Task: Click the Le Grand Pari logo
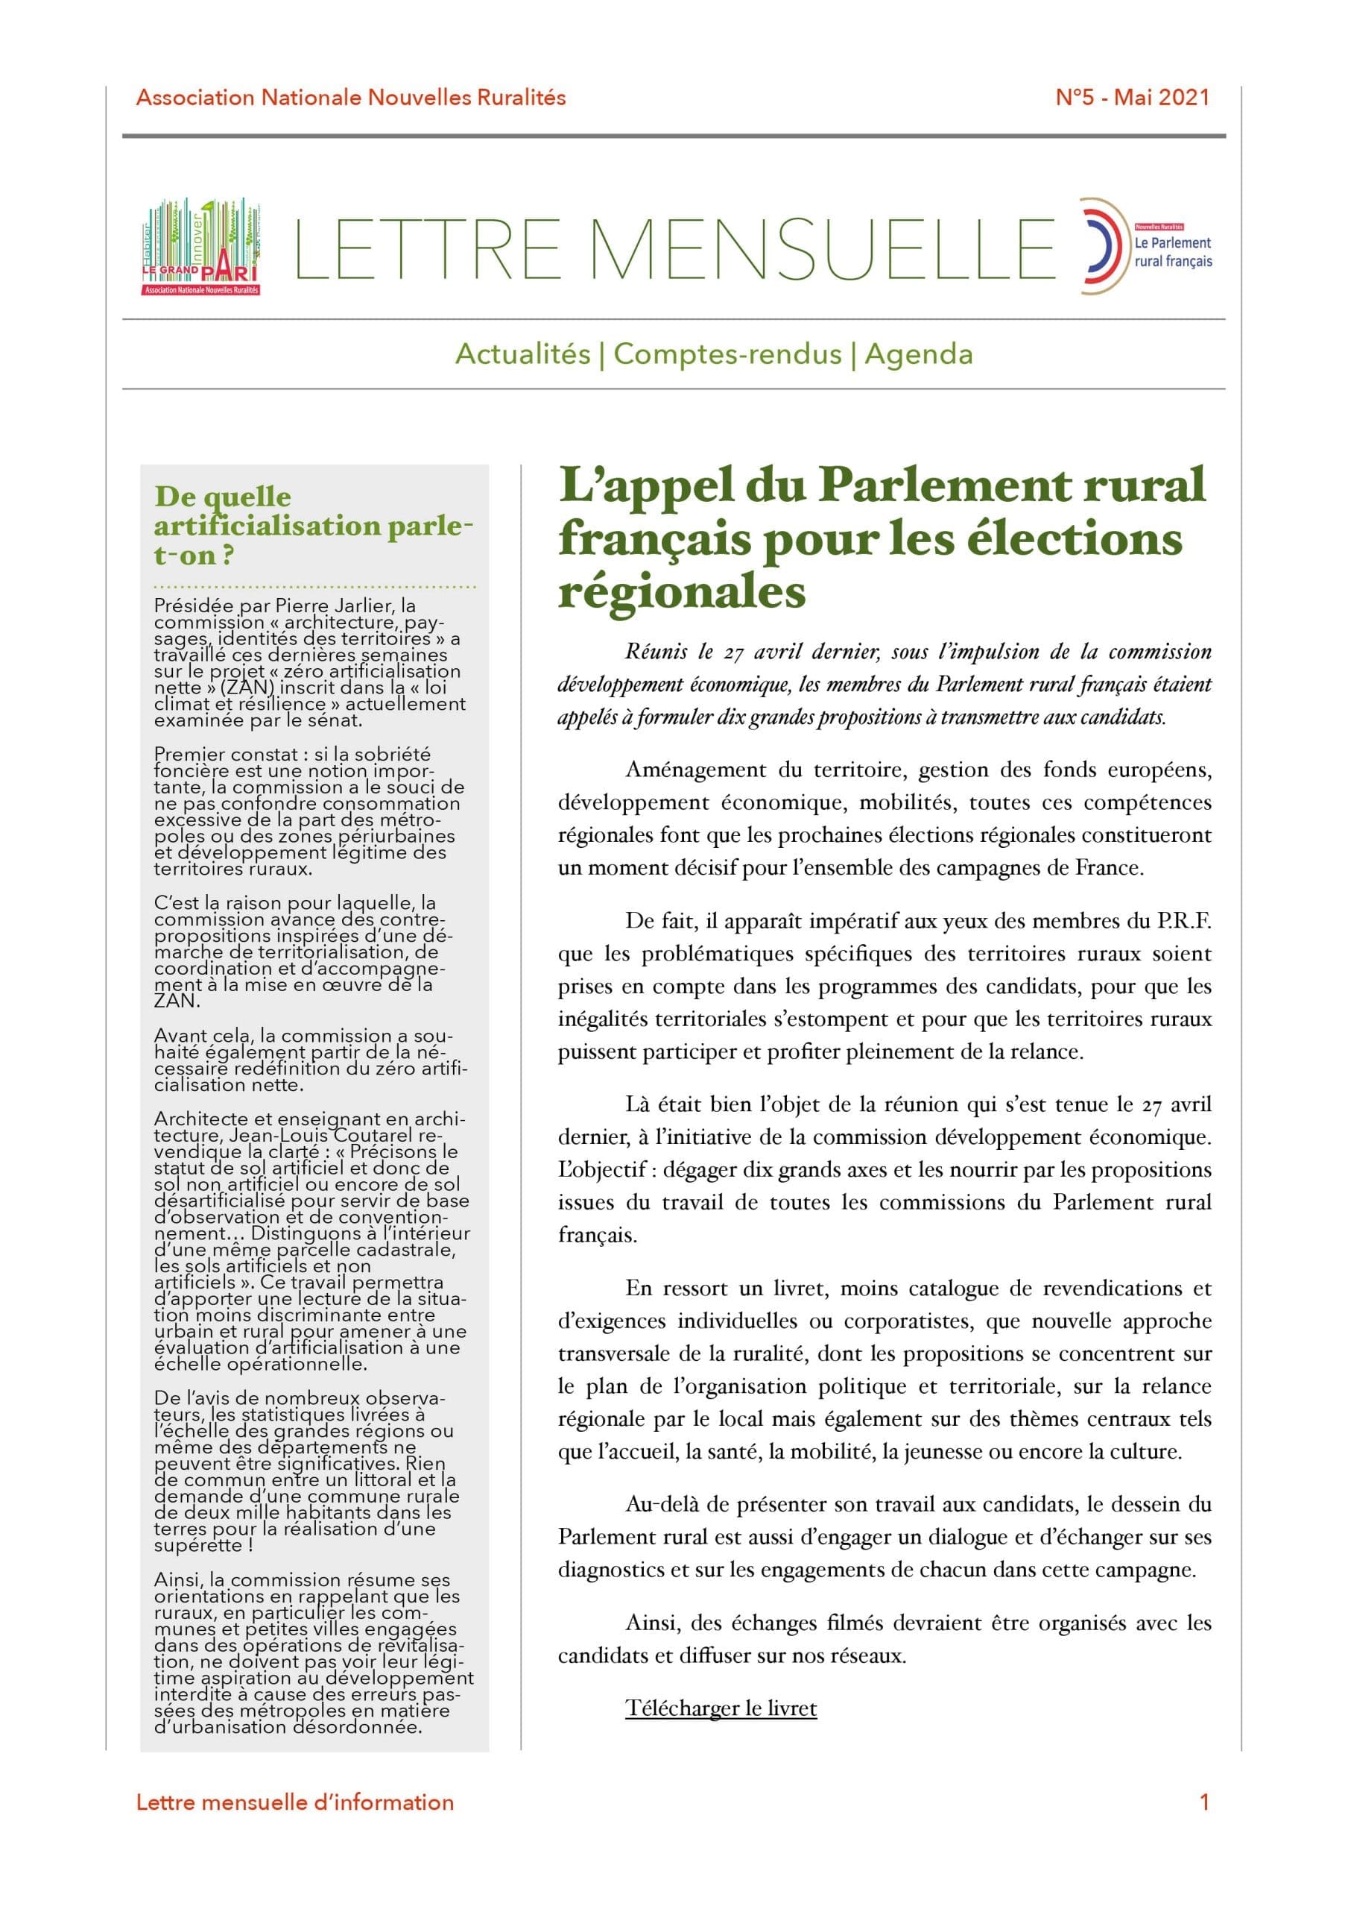[201, 247]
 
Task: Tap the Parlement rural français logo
[1145, 246]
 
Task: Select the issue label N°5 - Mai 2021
[1132, 97]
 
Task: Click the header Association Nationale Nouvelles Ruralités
[351, 97]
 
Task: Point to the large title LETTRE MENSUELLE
[674, 248]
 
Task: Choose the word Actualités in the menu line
[523, 354]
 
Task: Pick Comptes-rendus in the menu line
[727, 354]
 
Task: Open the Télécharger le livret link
[721, 1708]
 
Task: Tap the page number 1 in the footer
[1204, 1802]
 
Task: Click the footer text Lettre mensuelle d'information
[295, 1802]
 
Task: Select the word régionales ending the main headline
[683, 592]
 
